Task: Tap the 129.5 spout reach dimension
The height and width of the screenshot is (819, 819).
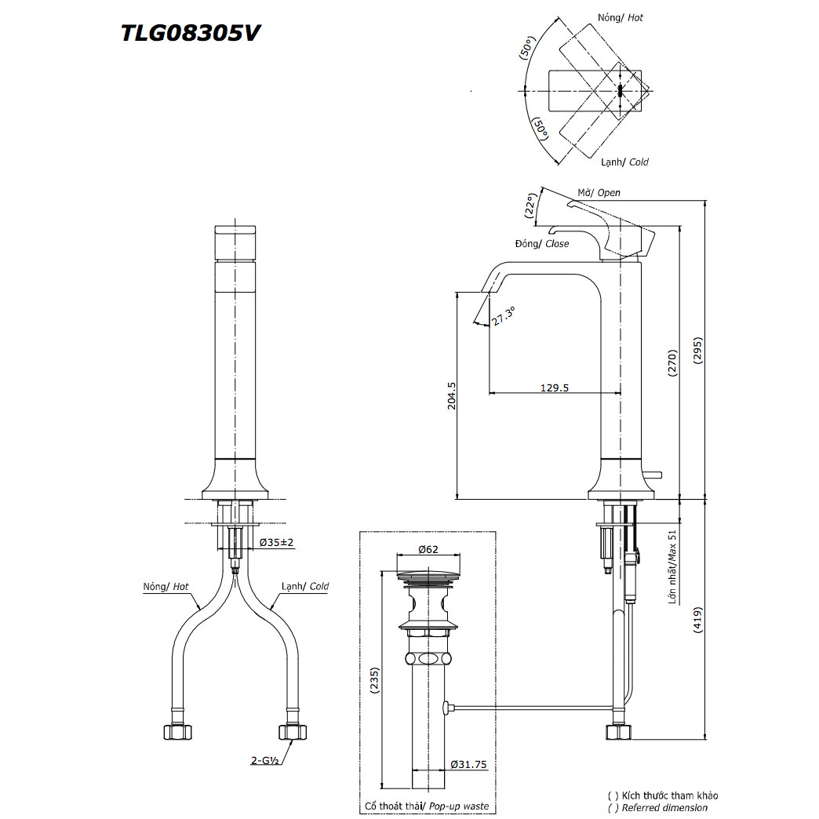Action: (555, 387)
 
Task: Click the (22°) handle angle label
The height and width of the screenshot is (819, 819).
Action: (531, 205)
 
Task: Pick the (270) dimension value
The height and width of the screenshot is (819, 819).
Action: (672, 364)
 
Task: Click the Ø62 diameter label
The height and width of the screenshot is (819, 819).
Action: (428, 549)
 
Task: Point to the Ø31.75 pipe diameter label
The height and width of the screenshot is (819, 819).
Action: (469, 764)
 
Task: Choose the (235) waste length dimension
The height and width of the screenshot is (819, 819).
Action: (373, 680)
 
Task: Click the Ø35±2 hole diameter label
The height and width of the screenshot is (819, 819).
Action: (277, 542)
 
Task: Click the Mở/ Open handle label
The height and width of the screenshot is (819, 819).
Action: (599, 193)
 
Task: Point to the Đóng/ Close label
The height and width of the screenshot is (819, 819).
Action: (542, 244)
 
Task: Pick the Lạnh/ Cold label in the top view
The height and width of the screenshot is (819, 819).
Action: (624, 162)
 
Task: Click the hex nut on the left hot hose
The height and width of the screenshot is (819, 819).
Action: (178, 732)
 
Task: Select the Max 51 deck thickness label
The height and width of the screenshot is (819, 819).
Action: (672, 567)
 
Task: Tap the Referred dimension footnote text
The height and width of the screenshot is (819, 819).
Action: (662, 807)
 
